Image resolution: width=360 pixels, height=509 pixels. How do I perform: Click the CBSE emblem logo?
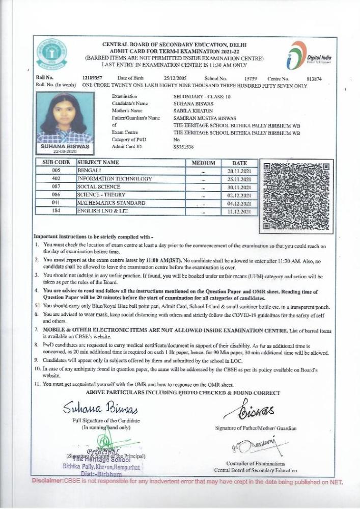pos(51,56)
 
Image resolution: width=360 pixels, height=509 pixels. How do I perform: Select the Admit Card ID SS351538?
pos(183,147)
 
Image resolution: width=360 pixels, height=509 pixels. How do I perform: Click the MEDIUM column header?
pos(203,163)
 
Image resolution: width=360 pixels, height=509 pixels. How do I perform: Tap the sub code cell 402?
pos(56,179)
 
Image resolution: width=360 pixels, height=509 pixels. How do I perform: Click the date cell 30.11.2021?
pos(239,187)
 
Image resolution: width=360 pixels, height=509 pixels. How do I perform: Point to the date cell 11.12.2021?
pos(239,211)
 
